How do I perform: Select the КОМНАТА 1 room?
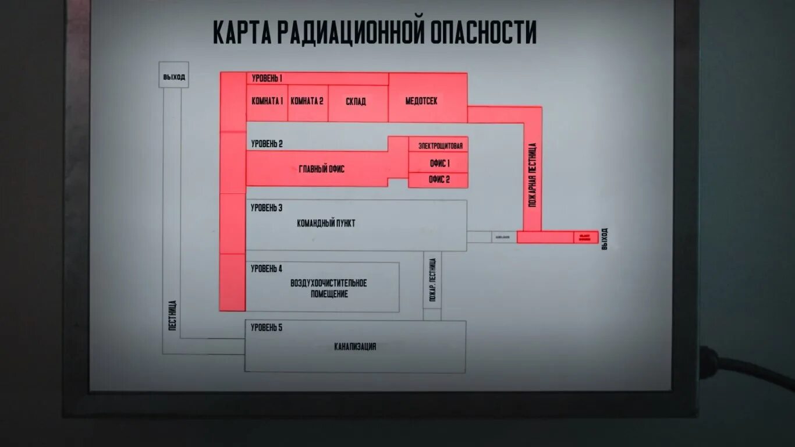click(x=267, y=101)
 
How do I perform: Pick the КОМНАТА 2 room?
click(x=307, y=101)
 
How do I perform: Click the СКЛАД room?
click(x=356, y=101)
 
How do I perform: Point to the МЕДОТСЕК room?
click(x=421, y=101)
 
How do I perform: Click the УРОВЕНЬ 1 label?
click(x=267, y=78)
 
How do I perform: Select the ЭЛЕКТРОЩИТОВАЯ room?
click(x=441, y=146)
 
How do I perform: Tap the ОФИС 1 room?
click(x=439, y=164)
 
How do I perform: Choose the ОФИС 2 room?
click(x=439, y=180)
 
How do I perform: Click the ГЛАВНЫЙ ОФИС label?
click(x=321, y=169)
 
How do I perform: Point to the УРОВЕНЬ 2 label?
click(x=267, y=144)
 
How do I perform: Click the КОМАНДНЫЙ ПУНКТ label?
click(x=326, y=223)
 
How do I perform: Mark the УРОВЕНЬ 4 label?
click(x=267, y=269)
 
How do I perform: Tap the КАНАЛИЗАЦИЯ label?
click(x=355, y=347)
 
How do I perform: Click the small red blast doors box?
click(x=585, y=237)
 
